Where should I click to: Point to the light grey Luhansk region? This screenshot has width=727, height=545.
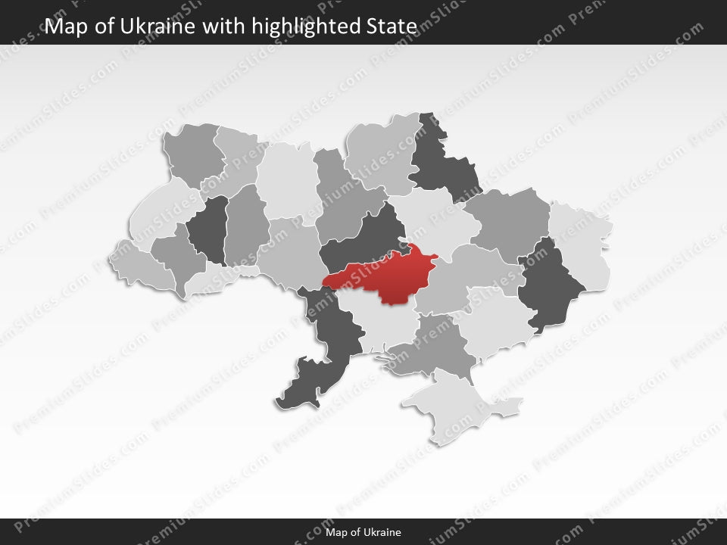(x=583, y=242)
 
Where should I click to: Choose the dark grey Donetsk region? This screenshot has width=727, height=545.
(x=549, y=284)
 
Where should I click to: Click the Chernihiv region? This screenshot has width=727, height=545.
(x=382, y=155)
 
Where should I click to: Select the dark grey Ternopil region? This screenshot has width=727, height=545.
(x=208, y=227)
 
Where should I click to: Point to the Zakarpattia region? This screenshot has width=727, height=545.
(x=144, y=265)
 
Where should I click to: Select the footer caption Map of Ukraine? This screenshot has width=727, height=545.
(x=363, y=532)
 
